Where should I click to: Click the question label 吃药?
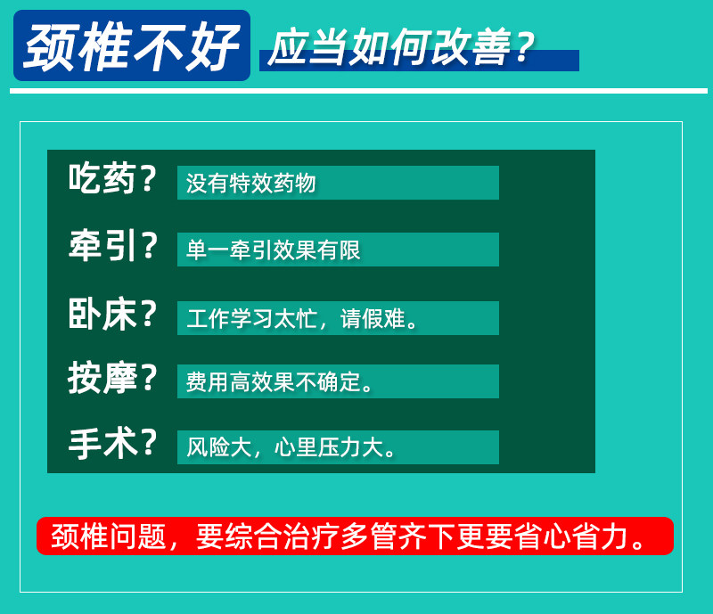(112, 179)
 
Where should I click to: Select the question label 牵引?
(112, 245)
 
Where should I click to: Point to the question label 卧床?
(112, 314)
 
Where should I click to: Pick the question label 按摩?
(112, 378)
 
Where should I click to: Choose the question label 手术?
(112, 444)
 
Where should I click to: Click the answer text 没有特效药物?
(250, 183)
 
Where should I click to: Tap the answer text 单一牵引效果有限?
(274, 250)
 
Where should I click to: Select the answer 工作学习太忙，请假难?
(302, 318)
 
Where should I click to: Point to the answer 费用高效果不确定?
(279, 381)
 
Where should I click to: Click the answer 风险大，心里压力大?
(291, 447)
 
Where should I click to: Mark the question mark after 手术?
(148, 443)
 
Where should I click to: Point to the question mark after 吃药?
(148, 178)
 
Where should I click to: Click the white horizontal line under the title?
(359, 91)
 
